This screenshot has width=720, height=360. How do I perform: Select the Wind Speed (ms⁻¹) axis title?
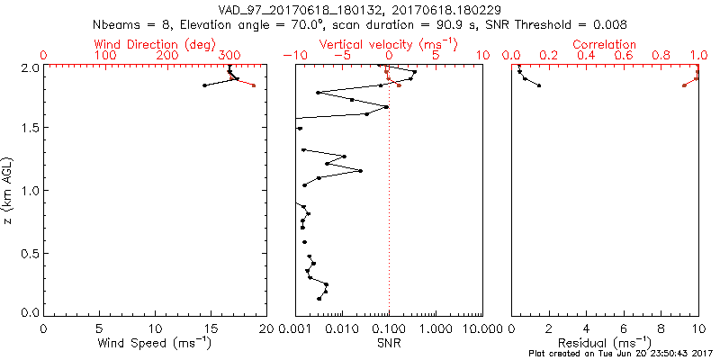(x=155, y=344)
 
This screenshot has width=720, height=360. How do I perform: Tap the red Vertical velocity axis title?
(x=388, y=44)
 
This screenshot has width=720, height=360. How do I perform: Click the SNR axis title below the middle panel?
(x=389, y=344)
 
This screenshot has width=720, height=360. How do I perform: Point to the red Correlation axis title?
(x=605, y=44)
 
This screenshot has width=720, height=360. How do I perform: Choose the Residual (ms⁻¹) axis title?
(x=605, y=344)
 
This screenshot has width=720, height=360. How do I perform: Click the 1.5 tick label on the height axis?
(x=31, y=129)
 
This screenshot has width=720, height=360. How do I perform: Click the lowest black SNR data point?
(x=319, y=299)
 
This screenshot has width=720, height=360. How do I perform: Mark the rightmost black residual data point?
(x=539, y=85)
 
